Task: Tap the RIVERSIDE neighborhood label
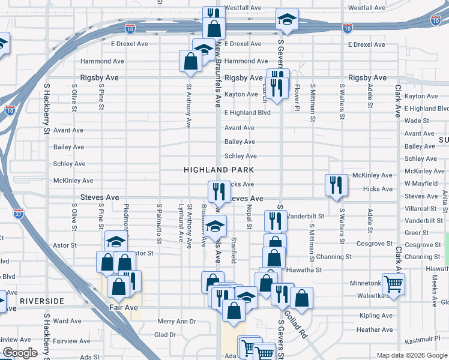tap(41, 300)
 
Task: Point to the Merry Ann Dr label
tap(176, 322)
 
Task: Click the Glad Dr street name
tap(165, 335)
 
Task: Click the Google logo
tap(20, 353)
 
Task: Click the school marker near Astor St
tap(115, 241)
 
